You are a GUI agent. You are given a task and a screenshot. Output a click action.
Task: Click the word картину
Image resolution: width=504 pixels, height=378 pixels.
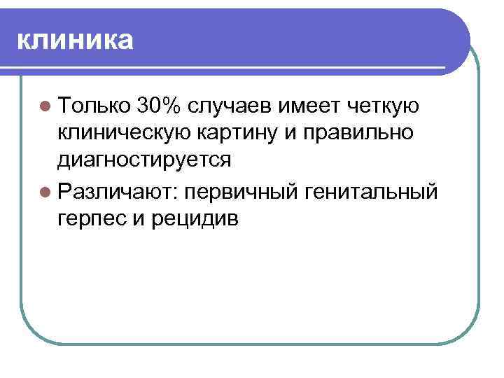pos(239,132)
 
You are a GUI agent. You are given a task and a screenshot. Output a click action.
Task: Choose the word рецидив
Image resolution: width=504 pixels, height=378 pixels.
pos(193,218)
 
